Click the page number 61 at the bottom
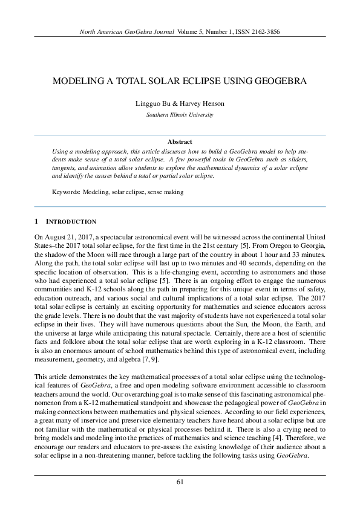(x=180, y=482)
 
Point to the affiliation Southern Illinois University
(x=180, y=114)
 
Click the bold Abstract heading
(x=180, y=141)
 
